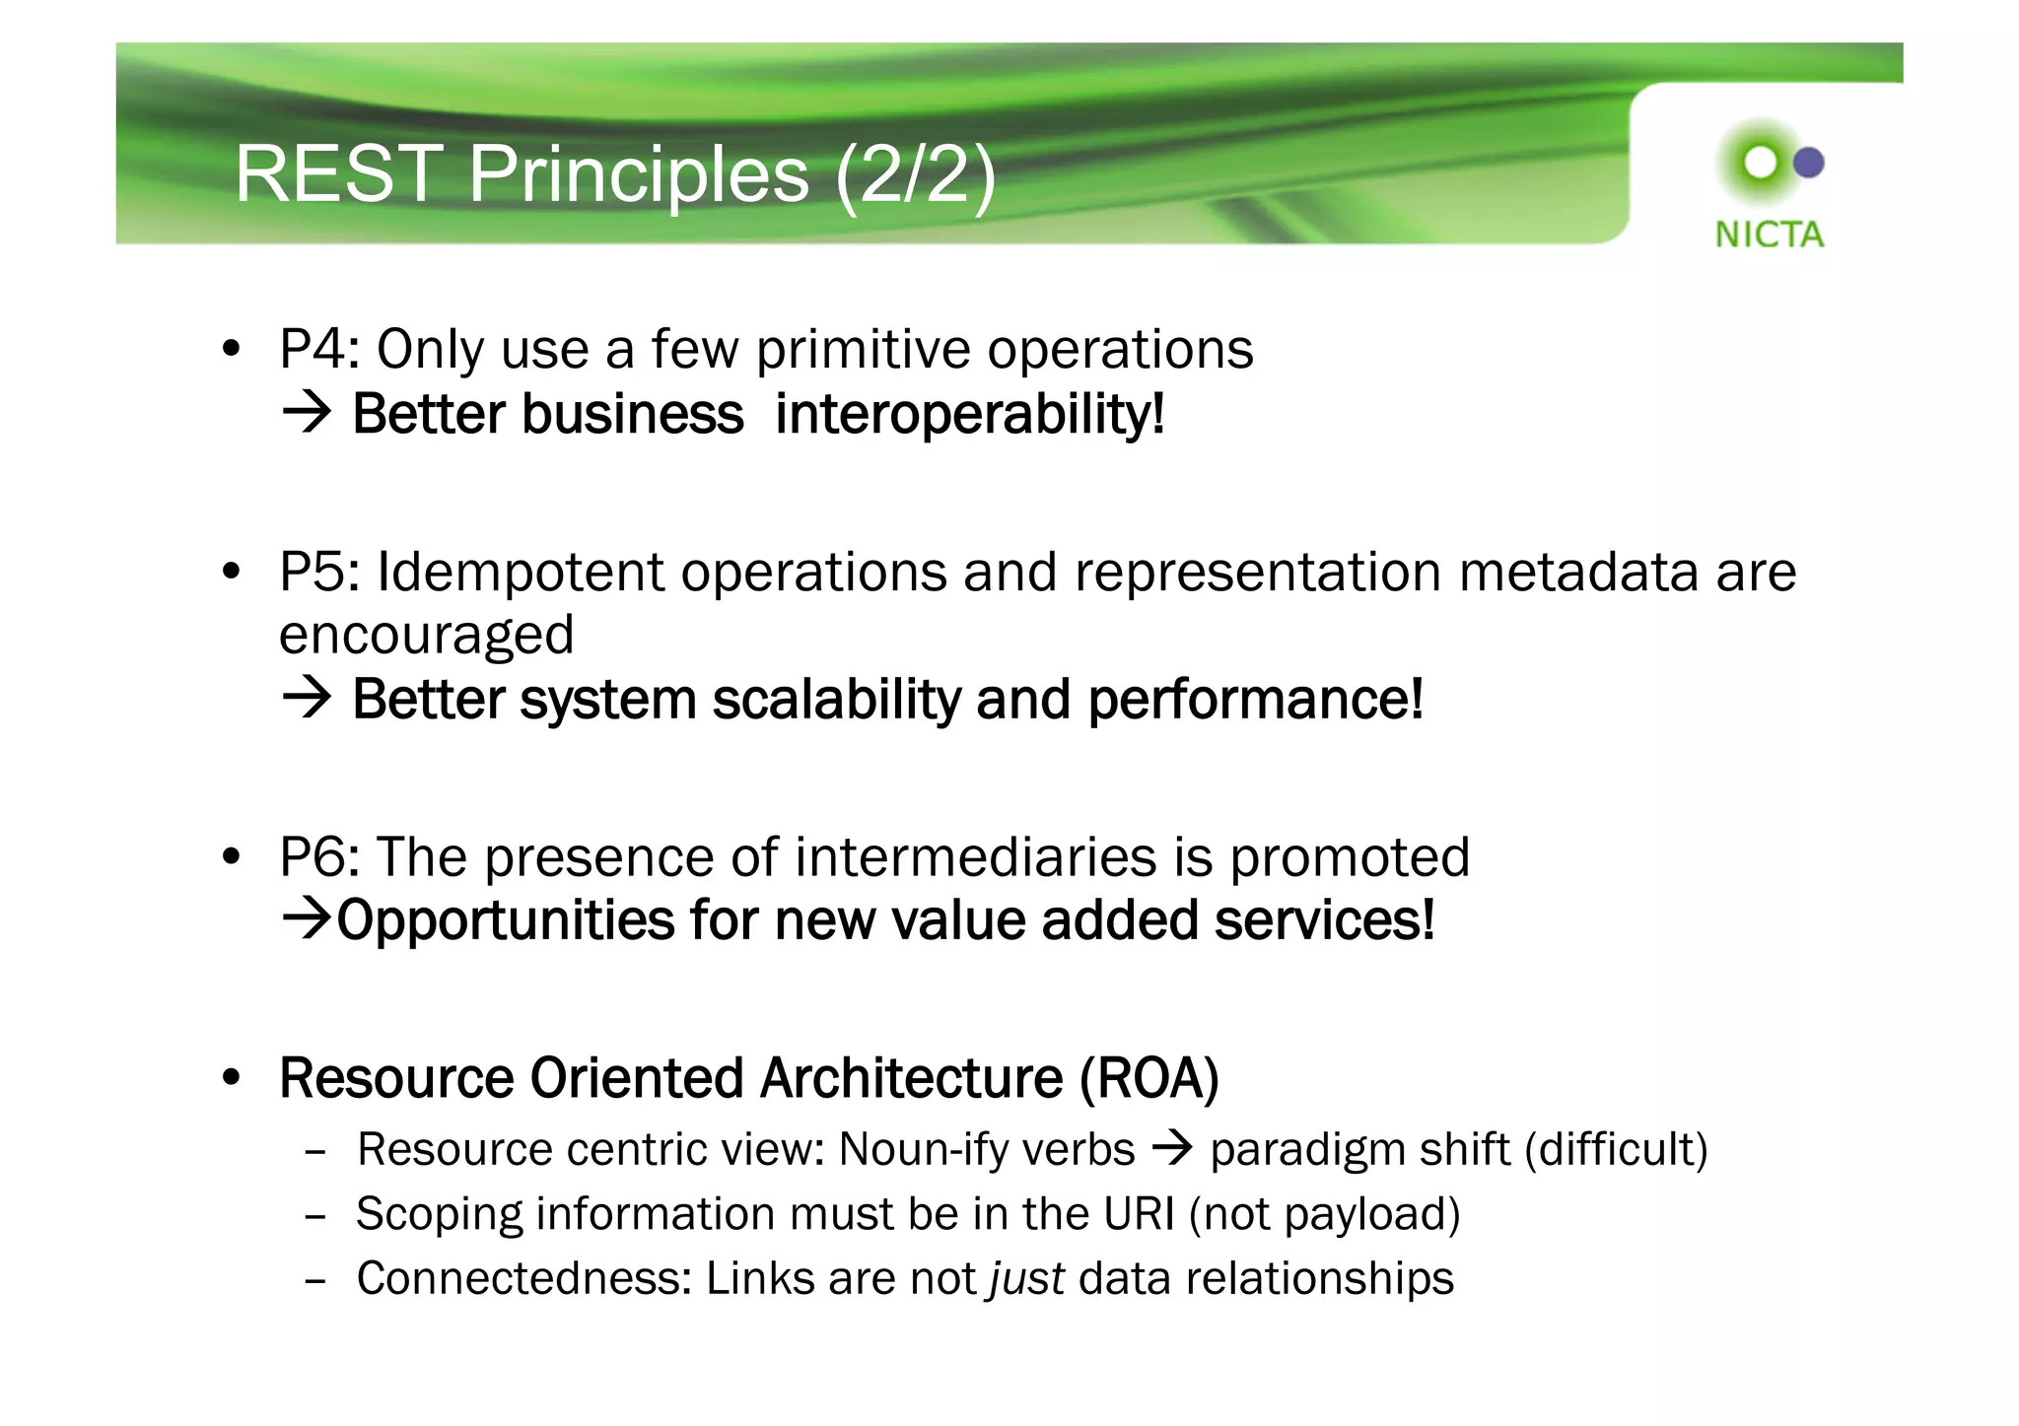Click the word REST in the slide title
[338, 174]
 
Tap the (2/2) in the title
[916, 174]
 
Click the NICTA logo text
[1769, 235]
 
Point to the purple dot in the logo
[1808, 163]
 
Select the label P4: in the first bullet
[319, 349]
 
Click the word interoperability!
[970, 414]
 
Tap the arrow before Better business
[307, 412]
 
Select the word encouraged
[426, 636]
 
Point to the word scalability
[835, 700]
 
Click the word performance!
[1256, 700]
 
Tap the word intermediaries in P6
[975, 856]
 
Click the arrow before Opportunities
[307, 918]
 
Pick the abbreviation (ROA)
[1149, 1078]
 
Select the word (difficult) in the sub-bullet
[1616, 1150]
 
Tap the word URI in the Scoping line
[1139, 1214]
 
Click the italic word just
[1026, 1279]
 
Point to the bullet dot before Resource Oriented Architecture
[232, 1078]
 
